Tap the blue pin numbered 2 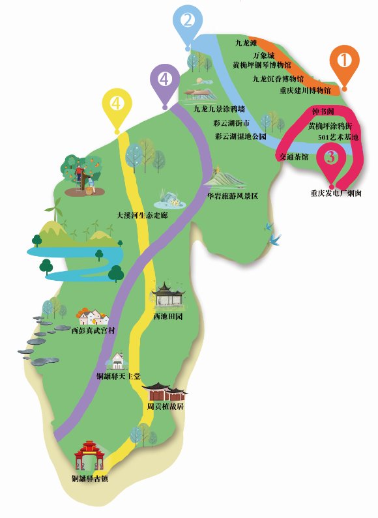coord(188,22)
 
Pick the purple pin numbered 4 coord(164,80)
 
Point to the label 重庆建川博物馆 coord(305,89)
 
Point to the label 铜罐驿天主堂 coord(119,377)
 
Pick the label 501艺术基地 coord(338,137)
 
